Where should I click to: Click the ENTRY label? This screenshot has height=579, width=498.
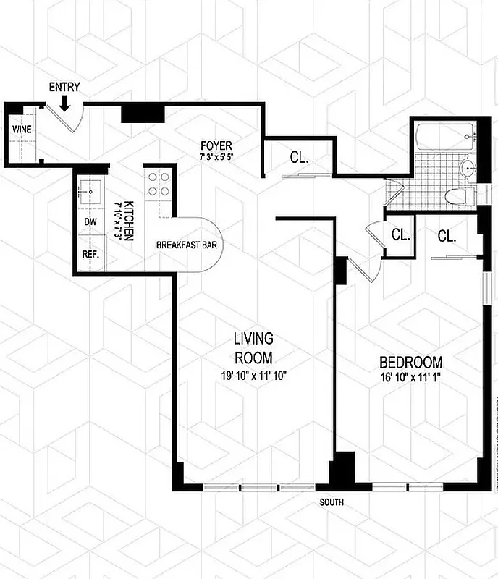[64, 88]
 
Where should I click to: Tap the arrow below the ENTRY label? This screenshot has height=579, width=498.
[64, 104]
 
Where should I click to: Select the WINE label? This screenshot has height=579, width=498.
[20, 130]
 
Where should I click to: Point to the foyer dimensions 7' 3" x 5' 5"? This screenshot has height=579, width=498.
[216, 156]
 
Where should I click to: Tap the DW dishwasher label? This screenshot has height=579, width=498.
[90, 221]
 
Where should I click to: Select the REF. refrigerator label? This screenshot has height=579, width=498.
[92, 255]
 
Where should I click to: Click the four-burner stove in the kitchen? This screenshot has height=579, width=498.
[157, 185]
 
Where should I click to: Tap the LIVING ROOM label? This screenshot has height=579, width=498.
[253, 347]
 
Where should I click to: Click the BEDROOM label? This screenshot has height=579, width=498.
[411, 362]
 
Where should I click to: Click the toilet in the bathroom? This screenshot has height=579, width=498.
[458, 195]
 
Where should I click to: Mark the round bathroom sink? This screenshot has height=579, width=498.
[467, 169]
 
